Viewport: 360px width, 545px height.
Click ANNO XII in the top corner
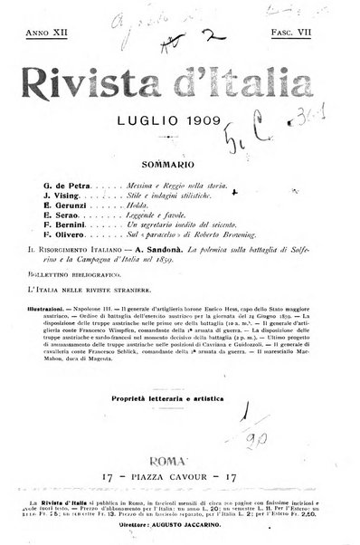coord(48,33)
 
